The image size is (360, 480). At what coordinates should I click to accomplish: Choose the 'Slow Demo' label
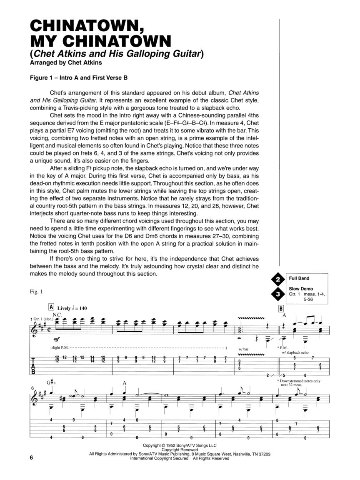pos(299,289)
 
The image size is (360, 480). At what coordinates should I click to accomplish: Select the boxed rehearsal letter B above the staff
pos(281,308)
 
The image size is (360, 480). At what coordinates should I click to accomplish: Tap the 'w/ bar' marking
pos(244,348)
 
